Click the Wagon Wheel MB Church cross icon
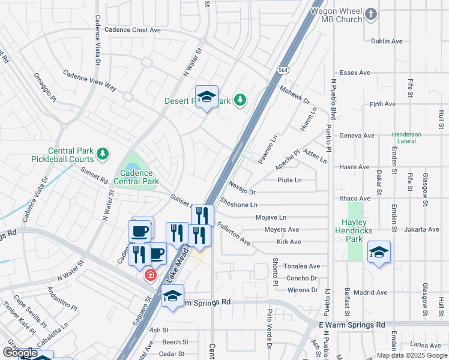(372, 14)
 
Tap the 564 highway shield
(283, 70)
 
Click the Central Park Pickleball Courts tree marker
(103, 155)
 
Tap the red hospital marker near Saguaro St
(150, 275)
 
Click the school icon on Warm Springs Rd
(172, 296)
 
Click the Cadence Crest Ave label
(133, 29)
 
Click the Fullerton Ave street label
(234, 234)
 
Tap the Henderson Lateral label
(406, 137)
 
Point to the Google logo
(20, 353)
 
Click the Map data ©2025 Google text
(411, 355)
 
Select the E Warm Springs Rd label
(352, 325)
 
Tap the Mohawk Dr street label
(294, 95)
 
